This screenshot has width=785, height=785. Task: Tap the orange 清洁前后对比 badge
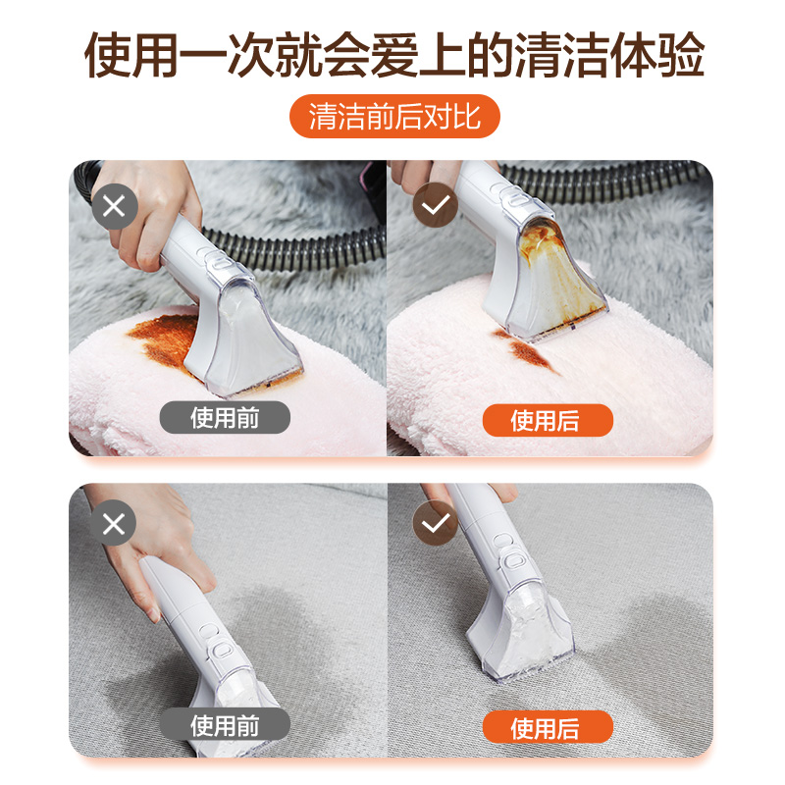tap(393, 117)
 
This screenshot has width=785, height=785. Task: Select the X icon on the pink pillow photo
tap(114, 207)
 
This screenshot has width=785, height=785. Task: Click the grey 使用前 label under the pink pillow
tap(226, 418)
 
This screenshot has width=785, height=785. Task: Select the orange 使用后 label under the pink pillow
tap(547, 420)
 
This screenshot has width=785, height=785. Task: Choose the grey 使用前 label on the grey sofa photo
tap(226, 726)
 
